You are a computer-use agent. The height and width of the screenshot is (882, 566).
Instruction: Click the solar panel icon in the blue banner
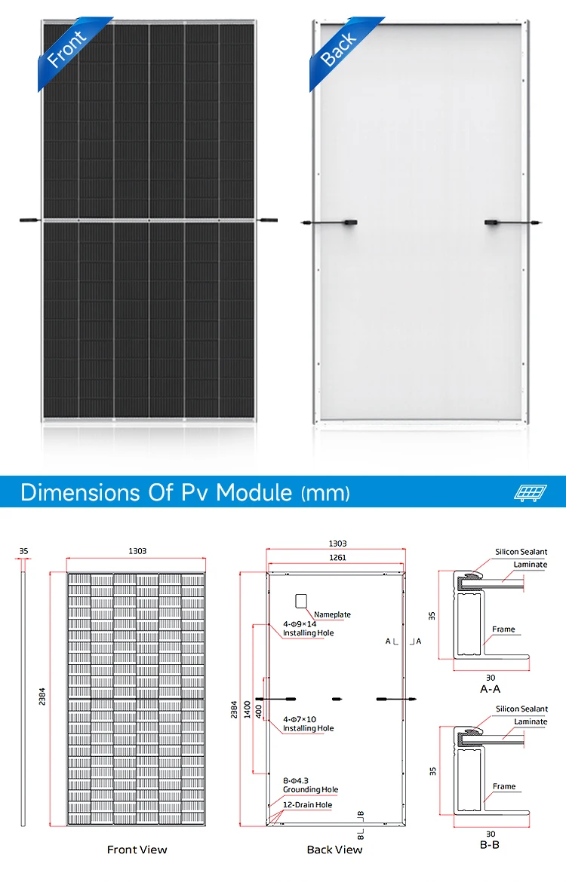[530, 492]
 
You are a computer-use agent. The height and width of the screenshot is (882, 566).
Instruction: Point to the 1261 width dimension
[337, 558]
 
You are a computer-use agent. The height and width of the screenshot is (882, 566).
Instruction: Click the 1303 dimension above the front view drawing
[137, 551]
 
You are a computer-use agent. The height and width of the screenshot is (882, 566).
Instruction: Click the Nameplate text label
[332, 614]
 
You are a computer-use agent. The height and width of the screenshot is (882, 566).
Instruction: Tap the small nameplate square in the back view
[302, 602]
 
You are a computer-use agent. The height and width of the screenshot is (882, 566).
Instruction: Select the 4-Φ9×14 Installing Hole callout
[308, 629]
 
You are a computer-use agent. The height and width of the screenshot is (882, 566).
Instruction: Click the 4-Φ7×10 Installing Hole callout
[308, 724]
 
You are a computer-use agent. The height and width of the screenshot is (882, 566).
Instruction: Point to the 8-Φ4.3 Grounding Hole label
[310, 785]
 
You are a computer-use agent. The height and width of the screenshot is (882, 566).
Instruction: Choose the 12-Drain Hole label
[307, 804]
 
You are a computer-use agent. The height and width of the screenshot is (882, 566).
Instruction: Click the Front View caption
[137, 850]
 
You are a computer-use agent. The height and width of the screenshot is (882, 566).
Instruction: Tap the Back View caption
[334, 850]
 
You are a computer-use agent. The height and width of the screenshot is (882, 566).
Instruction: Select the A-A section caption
[491, 688]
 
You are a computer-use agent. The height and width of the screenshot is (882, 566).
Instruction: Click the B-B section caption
[490, 844]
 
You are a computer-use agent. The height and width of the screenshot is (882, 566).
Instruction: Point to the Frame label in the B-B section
[503, 786]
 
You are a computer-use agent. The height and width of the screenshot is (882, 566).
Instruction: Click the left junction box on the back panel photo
[349, 222]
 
